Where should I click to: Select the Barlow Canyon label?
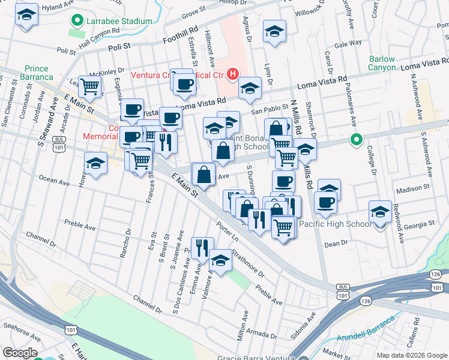(x=382, y=63)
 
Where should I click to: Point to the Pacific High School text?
(x=335, y=224)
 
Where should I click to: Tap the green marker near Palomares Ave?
(x=356, y=141)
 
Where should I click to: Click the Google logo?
(x=20, y=353)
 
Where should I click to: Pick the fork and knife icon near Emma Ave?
(x=203, y=247)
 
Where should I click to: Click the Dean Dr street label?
(x=336, y=244)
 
